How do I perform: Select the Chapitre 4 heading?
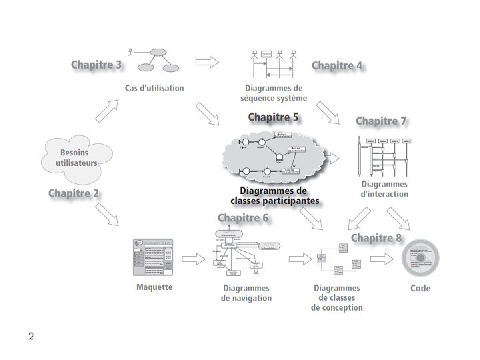(337, 65)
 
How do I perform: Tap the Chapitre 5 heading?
(273, 117)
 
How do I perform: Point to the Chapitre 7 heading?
(381, 121)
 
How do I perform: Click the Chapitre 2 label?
(74, 193)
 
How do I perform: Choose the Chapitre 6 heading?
(243, 217)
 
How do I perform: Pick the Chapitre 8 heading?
(377, 237)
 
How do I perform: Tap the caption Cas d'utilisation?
(155, 87)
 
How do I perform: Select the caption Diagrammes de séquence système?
(273, 93)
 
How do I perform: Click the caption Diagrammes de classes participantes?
(275, 195)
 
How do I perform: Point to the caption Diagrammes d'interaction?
(385, 189)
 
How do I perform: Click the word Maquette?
(154, 287)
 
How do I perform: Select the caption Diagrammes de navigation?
(246, 293)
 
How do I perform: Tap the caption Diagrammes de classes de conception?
(337, 298)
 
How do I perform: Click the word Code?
(420, 288)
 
